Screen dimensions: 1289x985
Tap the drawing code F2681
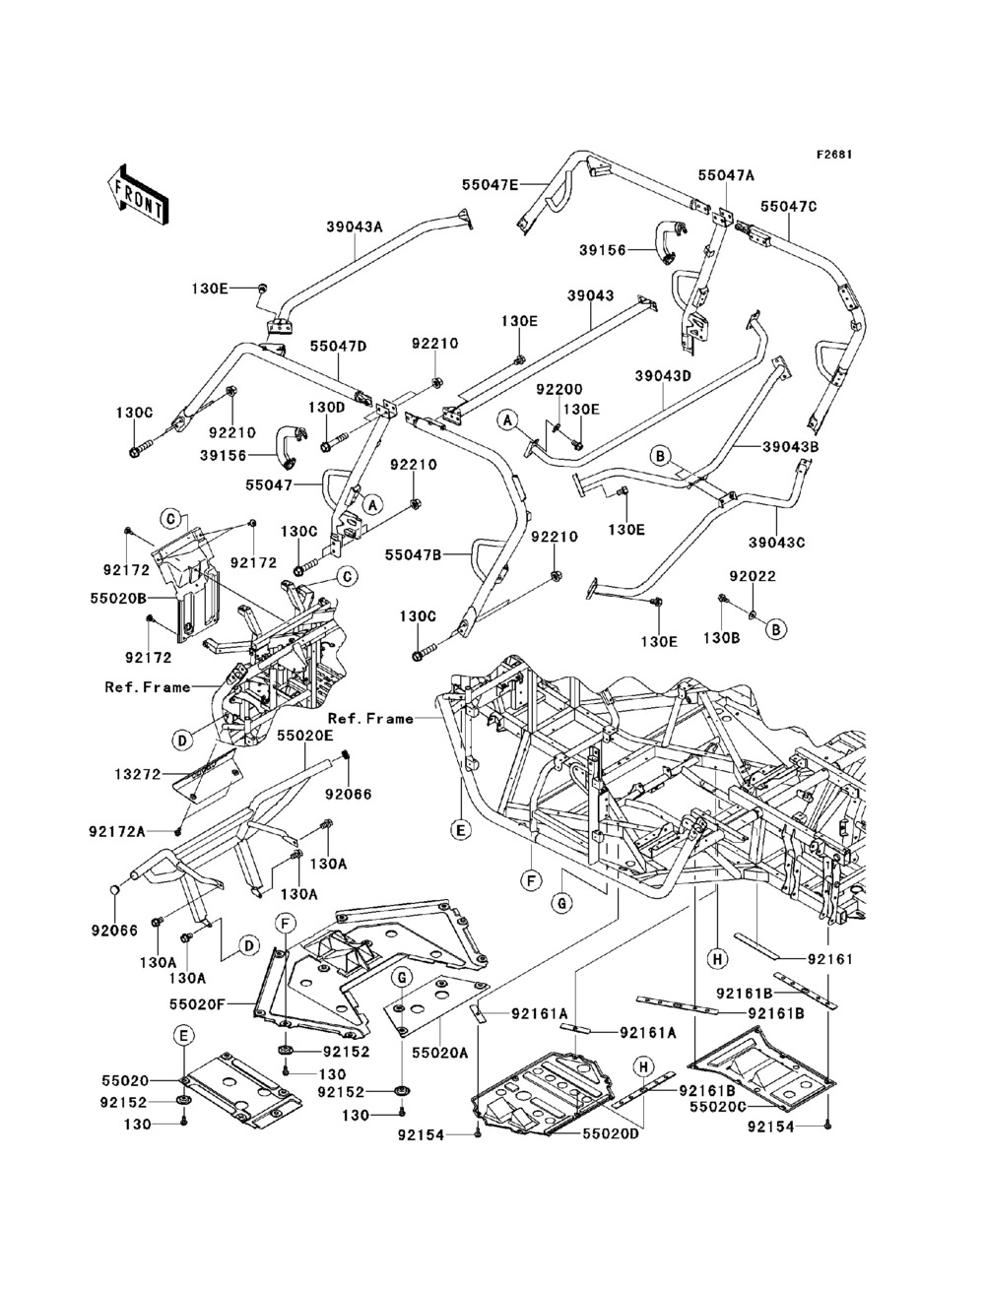pos(833,155)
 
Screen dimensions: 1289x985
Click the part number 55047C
pos(789,207)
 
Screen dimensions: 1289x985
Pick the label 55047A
pos(726,174)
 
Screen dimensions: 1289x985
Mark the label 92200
pos(558,390)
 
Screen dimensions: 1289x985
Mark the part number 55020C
pos(719,1107)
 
